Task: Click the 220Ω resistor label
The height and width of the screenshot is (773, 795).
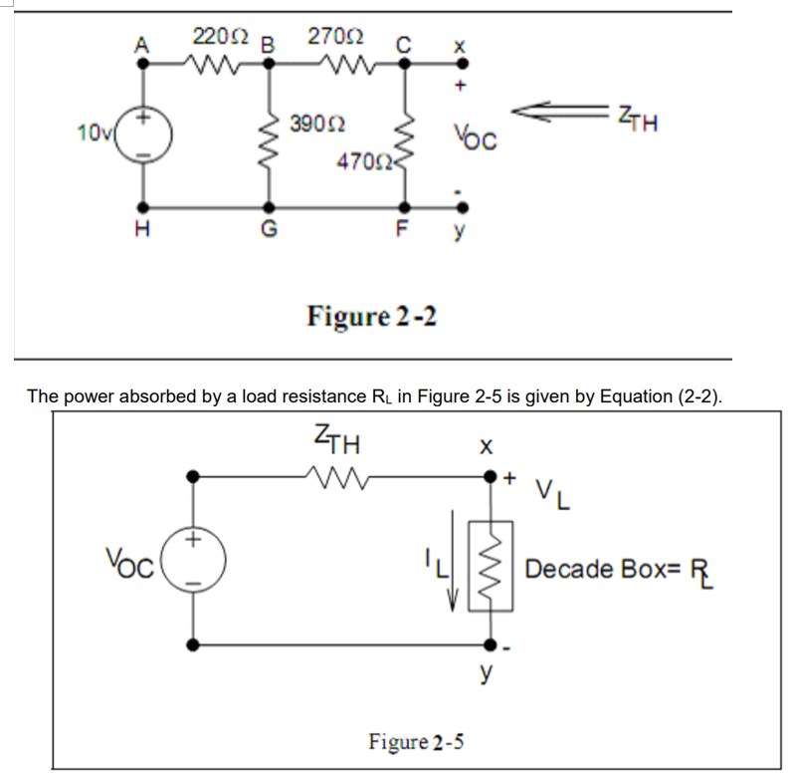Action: [x=217, y=39]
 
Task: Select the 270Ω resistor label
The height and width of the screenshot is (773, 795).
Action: [x=329, y=39]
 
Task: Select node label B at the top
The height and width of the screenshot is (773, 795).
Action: [x=267, y=45]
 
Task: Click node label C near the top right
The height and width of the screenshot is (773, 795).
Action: [x=402, y=45]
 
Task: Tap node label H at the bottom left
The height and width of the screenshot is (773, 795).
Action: [x=143, y=231]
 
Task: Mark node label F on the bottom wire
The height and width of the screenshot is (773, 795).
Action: [x=402, y=231]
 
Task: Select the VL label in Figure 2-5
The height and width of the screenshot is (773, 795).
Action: [x=555, y=492]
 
